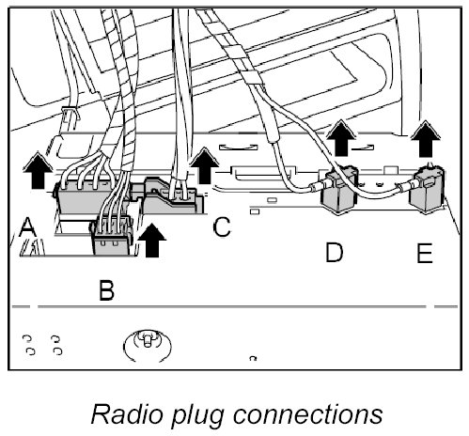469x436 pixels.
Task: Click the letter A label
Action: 27,227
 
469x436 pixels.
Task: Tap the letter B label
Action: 106,290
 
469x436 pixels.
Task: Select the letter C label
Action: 222,226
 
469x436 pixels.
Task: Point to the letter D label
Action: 335,252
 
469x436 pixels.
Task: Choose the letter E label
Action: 425,253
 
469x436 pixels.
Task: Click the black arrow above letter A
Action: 38,171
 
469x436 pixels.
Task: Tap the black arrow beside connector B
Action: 152,241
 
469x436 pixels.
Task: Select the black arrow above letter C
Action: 205,165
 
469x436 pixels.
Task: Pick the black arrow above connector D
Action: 341,138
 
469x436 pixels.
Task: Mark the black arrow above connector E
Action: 426,139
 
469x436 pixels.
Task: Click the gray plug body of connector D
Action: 338,190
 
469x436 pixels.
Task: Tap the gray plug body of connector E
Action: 428,190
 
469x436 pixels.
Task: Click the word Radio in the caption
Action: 127,414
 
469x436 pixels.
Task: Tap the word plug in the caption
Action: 198,416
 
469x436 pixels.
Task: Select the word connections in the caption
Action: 307,414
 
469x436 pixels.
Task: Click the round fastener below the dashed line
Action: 148,345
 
